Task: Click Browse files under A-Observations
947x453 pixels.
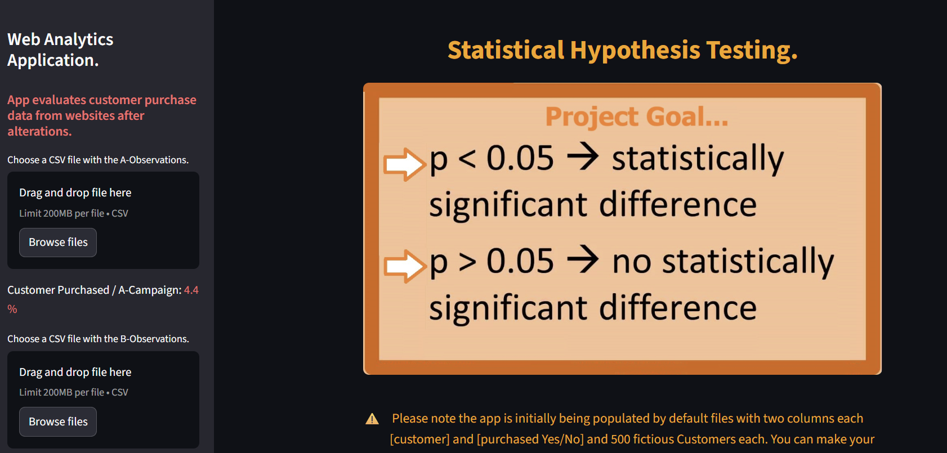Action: (58, 243)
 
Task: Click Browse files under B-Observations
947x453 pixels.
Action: (58, 422)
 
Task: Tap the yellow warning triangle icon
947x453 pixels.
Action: (372, 419)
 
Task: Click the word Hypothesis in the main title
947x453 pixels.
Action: (635, 50)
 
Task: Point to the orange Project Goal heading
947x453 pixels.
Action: (636, 117)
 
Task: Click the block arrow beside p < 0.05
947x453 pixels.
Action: (404, 164)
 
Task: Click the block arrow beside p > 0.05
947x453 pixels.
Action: (404, 266)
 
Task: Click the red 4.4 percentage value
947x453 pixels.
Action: (191, 290)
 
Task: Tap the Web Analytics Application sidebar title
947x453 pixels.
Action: (60, 50)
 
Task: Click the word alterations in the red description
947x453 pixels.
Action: (39, 132)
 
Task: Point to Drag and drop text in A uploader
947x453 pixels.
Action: (75, 193)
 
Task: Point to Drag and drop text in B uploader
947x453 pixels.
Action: (75, 373)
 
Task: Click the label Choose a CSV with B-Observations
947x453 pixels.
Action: (98, 339)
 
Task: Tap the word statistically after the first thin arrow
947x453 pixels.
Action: (698, 159)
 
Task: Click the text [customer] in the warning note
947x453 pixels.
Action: (419, 439)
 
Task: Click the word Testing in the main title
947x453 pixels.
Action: (751, 50)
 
